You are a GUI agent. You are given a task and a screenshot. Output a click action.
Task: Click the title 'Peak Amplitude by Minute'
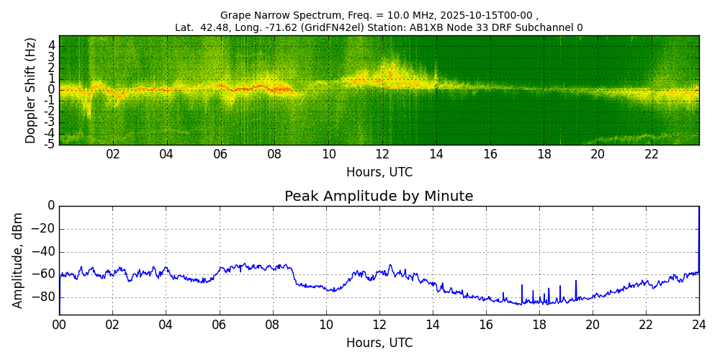pos(379,197)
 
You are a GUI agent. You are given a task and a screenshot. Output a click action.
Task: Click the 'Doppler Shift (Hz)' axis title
pos(30,91)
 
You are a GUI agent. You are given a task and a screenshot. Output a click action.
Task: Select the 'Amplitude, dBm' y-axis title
pos(18,260)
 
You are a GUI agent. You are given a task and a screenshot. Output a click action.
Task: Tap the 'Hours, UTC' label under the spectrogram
pos(379,173)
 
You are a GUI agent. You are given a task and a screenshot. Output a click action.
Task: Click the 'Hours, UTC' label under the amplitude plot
pos(379,343)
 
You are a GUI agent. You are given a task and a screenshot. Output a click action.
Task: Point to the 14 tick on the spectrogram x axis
pos(436,155)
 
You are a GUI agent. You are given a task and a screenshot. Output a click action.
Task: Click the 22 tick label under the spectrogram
pos(652,155)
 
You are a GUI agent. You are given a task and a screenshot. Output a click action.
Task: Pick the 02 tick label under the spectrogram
pos(113,155)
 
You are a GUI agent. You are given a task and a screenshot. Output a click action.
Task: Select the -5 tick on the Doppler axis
pos(50,144)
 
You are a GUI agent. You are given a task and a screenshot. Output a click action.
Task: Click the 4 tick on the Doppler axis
pos(52,45)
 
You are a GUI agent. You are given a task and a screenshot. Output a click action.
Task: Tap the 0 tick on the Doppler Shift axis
pos(52,90)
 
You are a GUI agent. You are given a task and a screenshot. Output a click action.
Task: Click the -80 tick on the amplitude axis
pos(45,297)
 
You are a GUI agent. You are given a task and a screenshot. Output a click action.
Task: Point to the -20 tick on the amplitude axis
pos(45,229)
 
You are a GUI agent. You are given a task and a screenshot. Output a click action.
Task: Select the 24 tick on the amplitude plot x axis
pos(698,325)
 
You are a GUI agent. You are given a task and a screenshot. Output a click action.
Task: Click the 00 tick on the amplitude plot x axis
pos(59,325)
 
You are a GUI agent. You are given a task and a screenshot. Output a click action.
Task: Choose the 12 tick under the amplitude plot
pos(379,325)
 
